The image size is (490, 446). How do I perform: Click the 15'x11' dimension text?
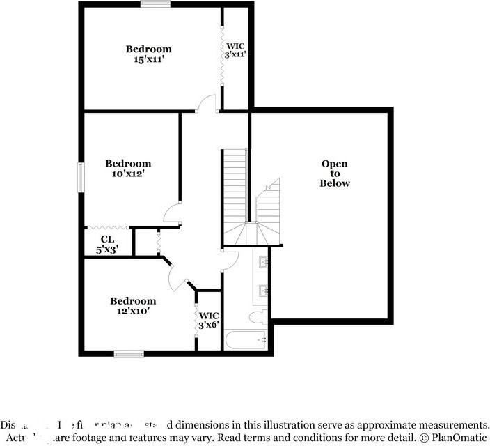coord(148,60)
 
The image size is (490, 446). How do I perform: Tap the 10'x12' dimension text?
coord(128,174)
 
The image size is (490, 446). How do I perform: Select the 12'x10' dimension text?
coord(133,312)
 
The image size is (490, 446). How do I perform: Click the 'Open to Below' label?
coord(334,174)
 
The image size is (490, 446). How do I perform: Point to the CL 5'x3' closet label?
coord(106,244)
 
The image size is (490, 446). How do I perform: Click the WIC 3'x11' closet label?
coord(235,49)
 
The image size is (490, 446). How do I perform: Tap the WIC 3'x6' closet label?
coord(209,321)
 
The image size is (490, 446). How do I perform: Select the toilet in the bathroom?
coord(257,318)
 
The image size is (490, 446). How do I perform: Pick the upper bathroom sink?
coord(264,263)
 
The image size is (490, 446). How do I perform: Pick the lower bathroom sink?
coord(264,290)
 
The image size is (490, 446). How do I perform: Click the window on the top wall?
coord(155,4)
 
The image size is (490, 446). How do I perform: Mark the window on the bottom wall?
coord(129,354)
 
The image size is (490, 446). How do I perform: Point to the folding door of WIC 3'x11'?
coord(221,56)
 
